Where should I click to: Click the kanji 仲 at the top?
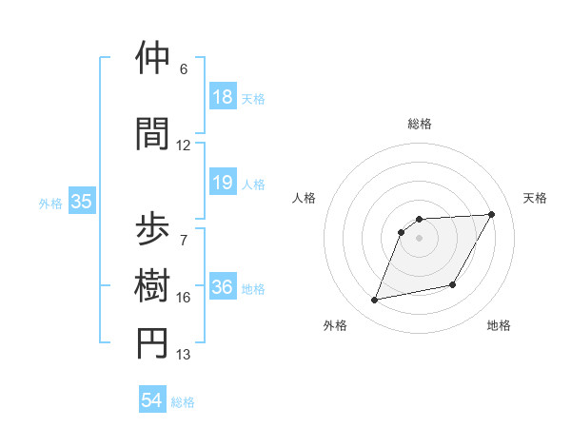153,58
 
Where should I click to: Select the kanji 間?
153,132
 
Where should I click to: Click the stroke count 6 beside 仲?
184,69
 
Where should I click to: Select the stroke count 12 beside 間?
184,146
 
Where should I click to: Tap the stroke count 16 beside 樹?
184,298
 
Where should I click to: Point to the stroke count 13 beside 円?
184,355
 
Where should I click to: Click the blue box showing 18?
222,96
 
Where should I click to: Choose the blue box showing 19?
222,183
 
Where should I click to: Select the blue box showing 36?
222,287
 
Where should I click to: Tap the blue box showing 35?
81,202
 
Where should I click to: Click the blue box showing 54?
152,400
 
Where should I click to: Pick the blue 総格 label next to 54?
183,402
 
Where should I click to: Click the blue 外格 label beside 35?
50,203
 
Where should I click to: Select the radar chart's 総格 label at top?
419,124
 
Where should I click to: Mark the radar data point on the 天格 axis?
491,215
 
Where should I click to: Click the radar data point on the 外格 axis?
375,301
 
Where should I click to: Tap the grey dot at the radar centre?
419,238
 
